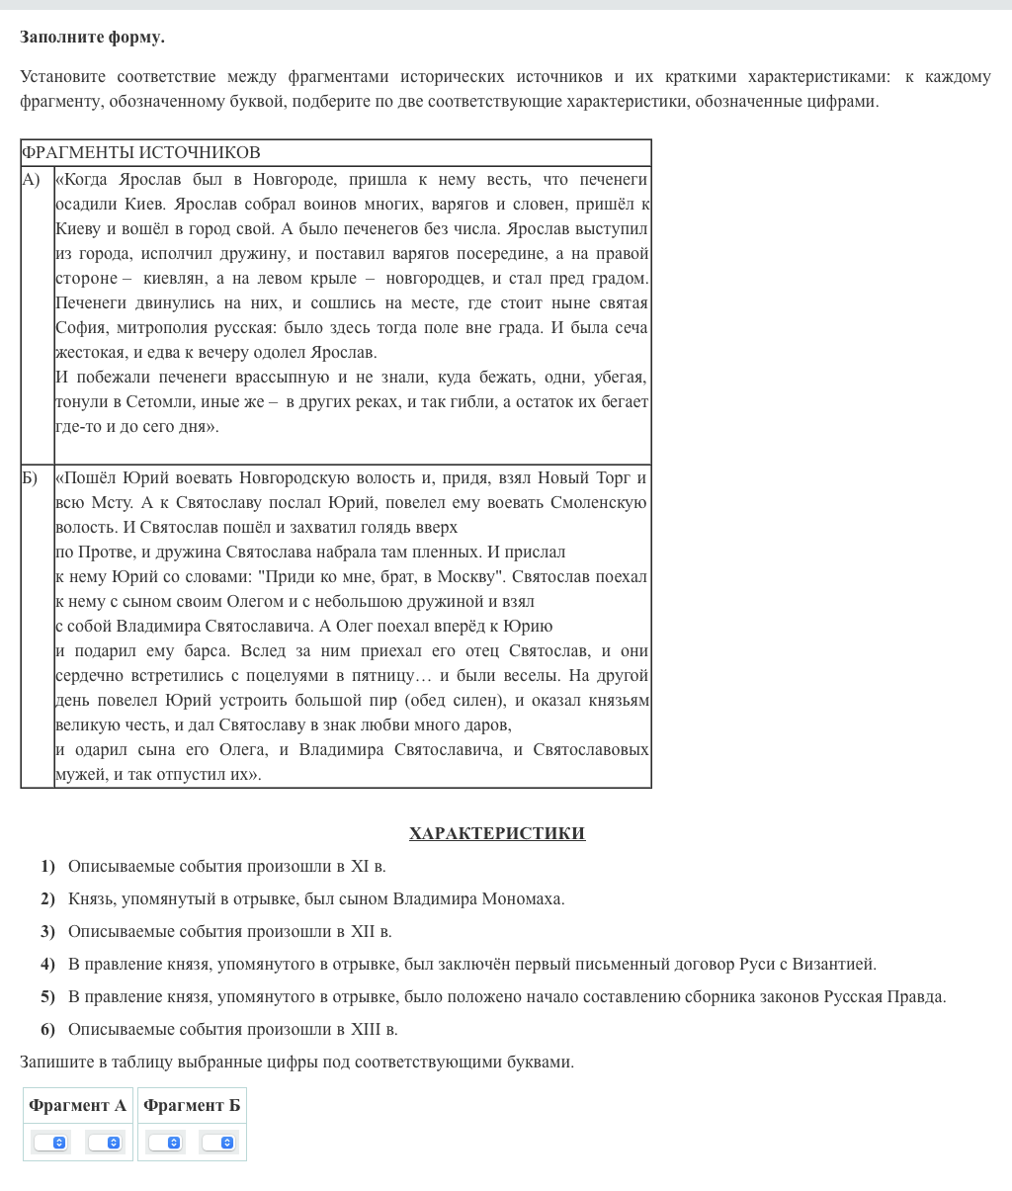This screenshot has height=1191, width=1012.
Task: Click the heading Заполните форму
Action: coord(92,38)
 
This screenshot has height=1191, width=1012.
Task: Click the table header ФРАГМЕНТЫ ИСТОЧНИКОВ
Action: coord(140,152)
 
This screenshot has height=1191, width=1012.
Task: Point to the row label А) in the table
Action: coord(32,179)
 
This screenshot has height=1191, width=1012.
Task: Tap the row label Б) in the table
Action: coord(31,477)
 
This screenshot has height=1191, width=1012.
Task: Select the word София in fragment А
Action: coord(80,327)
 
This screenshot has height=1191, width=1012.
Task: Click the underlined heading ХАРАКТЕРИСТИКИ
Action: coord(497,833)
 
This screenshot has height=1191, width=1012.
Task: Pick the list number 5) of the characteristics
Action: coord(47,996)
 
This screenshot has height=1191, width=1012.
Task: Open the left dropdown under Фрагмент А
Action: coord(50,1143)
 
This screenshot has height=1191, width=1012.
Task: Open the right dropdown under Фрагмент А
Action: coord(105,1143)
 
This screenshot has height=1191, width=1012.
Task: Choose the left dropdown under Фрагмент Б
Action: coord(165,1143)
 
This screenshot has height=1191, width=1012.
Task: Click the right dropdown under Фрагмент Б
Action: coord(218,1143)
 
